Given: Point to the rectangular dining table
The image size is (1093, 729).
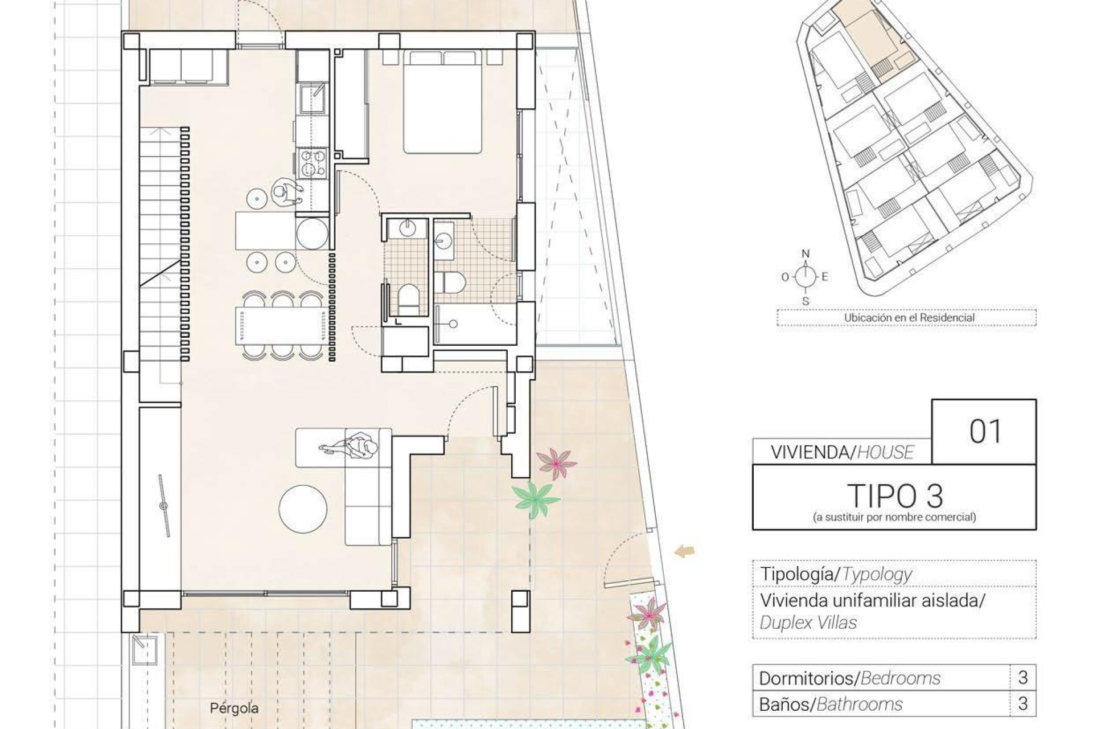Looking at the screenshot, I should (x=280, y=326).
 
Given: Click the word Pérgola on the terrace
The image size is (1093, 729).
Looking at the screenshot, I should (x=234, y=708).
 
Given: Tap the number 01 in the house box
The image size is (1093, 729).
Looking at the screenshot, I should (x=985, y=432).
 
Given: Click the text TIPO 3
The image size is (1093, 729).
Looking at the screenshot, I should (x=894, y=496).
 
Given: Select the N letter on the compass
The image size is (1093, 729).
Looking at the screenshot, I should (x=805, y=254).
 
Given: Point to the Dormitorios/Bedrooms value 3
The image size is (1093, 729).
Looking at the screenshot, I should (x=1022, y=678).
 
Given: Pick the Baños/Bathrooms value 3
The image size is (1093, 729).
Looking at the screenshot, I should (x=1022, y=704).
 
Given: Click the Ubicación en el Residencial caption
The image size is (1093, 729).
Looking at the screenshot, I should (x=909, y=318).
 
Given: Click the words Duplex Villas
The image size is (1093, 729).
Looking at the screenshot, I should (x=808, y=622).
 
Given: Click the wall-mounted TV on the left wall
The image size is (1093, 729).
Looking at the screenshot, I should (x=164, y=506).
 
